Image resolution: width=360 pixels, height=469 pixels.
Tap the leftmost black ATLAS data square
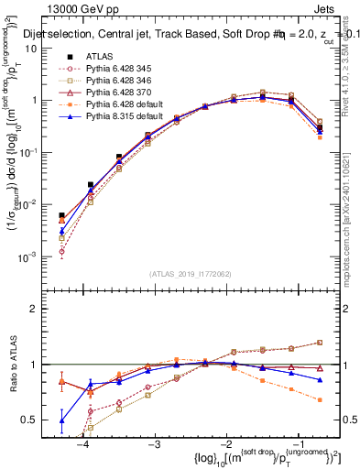(61, 216)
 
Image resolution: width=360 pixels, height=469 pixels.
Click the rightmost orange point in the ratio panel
(320, 400)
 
